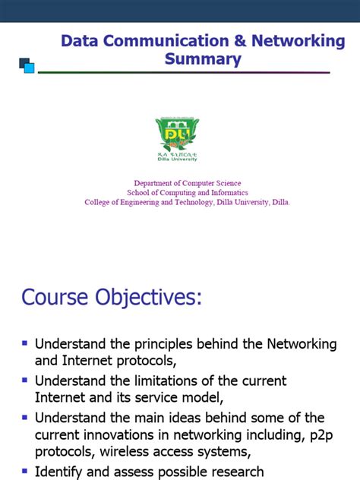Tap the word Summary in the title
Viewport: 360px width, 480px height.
click(203, 58)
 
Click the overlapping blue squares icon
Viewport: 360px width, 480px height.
click(27, 65)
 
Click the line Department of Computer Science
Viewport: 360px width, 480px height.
click(188, 183)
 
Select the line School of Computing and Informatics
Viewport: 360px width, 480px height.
click(187, 193)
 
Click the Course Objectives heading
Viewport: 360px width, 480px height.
click(112, 298)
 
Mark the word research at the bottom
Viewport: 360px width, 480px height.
click(232, 472)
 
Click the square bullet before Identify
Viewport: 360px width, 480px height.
click(25, 471)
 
